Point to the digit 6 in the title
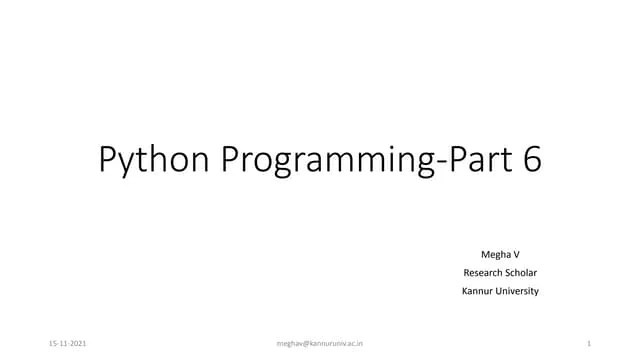[x=531, y=160]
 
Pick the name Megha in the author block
[x=493, y=254]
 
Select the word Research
[x=484, y=272]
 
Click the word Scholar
[x=523, y=272]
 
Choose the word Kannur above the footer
[x=477, y=291]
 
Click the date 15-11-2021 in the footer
[x=67, y=343]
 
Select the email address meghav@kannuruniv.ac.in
[x=319, y=343]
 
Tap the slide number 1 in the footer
[x=591, y=343]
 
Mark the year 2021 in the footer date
[x=77, y=343]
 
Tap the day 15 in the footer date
[x=52, y=343]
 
